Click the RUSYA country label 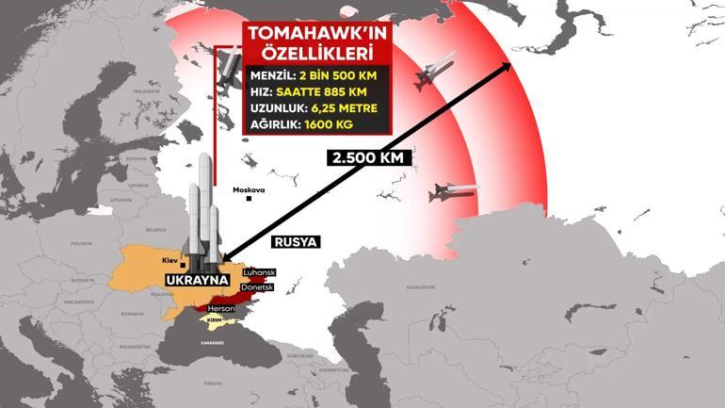click(296, 242)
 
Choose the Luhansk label click(258, 272)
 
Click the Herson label click(221, 309)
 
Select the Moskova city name click(249, 189)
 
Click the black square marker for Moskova click(249, 198)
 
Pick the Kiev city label click(169, 259)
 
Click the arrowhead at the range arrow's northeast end click(510, 65)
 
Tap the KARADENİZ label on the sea click(211, 342)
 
